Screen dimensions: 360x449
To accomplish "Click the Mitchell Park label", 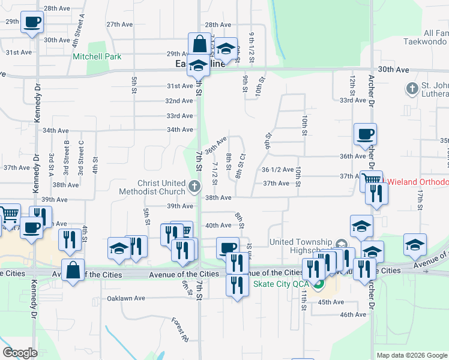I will [x=97, y=57].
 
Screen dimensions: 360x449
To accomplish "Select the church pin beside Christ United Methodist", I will [x=194, y=187].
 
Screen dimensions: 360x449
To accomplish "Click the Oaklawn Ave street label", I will [x=126, y=298].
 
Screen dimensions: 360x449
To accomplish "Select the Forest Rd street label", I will [x=179, y=329].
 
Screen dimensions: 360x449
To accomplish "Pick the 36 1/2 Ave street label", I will [x=278, y=170].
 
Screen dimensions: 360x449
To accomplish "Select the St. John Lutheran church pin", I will [x=412, y=89].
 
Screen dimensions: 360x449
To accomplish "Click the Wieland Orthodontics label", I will [x=417, y=182].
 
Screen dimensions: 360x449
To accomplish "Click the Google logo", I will [x=20, y=352].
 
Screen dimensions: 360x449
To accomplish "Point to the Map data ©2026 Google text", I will [x=411, y=355].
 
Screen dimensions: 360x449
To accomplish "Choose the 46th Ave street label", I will [x=352, y=314].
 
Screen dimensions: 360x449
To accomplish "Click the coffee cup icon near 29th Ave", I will [x=32, y=23].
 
